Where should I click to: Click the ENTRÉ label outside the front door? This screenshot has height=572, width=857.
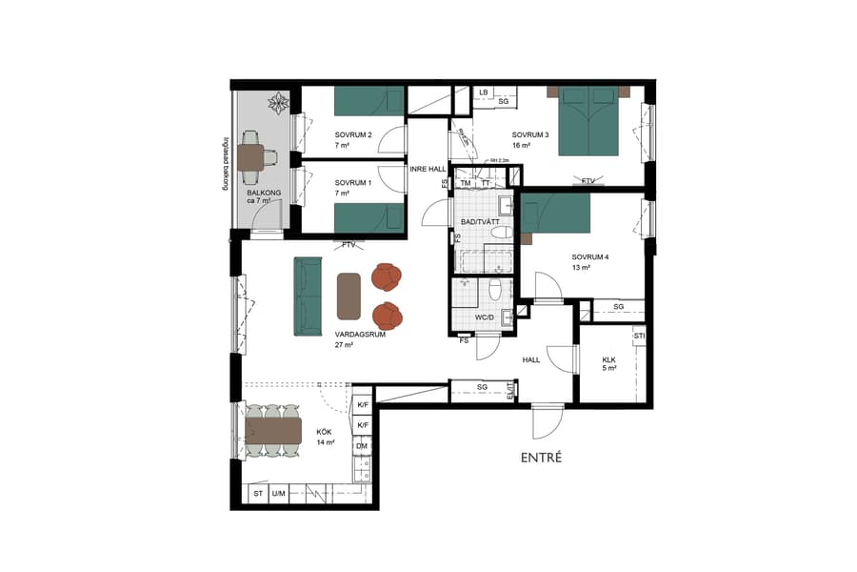541,458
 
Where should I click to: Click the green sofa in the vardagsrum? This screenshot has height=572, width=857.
308,296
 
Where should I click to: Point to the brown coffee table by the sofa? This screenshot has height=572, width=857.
349,296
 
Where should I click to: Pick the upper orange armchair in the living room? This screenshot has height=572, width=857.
389,277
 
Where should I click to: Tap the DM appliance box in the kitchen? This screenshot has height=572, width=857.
362,445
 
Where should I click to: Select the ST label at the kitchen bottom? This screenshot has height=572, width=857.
257,494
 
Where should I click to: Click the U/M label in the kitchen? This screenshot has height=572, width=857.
279,494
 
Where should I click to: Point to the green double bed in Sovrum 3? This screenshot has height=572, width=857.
588,121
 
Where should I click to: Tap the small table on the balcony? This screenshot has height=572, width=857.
252,156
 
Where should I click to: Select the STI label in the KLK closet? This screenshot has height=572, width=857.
639,337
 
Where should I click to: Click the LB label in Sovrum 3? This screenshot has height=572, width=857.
483,92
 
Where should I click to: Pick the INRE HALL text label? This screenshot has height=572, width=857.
428,169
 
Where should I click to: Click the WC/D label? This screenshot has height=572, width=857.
485,317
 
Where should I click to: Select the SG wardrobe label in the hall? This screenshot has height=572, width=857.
482,386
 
